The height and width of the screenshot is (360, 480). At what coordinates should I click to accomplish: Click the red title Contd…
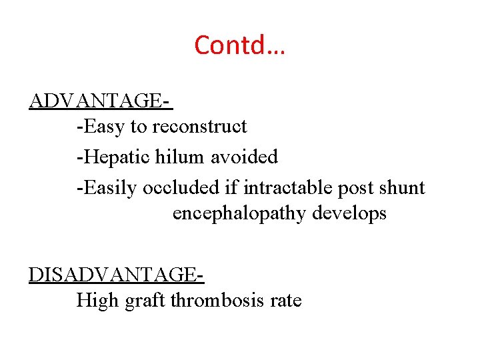239,45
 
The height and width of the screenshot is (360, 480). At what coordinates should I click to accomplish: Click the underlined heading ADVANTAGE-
100,101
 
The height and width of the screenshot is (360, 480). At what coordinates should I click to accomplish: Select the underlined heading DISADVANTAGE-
115,275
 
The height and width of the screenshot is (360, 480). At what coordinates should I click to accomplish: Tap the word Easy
100,127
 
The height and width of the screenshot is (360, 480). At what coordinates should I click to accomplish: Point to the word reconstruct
200,127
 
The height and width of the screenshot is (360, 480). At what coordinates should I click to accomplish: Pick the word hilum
181,157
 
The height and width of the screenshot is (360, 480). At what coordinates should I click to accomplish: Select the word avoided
245,157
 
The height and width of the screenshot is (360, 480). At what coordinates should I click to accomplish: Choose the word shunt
402,188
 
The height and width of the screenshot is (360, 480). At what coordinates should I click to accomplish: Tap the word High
96,301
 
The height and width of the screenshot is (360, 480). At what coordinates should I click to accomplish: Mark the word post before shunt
355,189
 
